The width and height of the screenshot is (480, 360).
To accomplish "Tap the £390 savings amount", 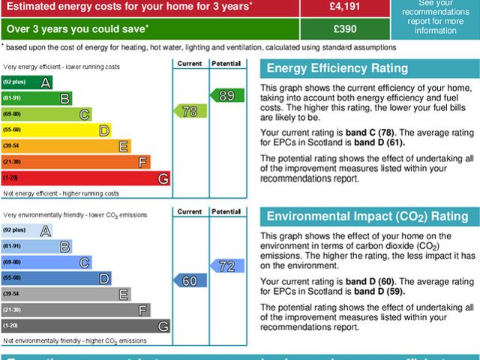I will click(x=344, y=28).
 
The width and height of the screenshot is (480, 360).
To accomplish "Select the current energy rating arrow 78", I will click(x=190, y=111).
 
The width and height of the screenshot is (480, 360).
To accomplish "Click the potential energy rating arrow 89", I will click(x=224, y=95).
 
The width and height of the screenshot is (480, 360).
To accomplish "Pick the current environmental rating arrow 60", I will click(x=190, y=280).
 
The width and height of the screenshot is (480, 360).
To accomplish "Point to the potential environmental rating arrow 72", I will click(x=224, y=265).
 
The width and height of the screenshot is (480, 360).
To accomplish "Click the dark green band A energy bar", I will click(x=27, y=81).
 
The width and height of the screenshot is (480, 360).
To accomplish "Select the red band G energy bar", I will click(x=85, y=178).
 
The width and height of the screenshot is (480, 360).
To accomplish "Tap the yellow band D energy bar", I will click(x=56, y=130).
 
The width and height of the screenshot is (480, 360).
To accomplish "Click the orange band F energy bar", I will click(x=76, y=162).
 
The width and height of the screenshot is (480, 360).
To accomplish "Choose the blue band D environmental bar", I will click(x=56, y=278).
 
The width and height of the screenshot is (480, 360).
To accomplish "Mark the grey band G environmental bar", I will click(x=85, y=326).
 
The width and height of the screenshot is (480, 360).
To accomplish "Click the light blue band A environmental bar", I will click(x=27, y=230).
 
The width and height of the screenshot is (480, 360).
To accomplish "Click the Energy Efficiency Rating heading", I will click(x=338, y=69).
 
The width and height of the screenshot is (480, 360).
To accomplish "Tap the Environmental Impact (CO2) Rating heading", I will click(x=367, y=217).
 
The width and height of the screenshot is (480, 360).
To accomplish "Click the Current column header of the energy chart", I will click(x=190, y=64).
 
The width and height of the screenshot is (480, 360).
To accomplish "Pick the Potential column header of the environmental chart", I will click(x=224, y=211).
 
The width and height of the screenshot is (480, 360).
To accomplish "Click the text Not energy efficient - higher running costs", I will click(x=61, y=193).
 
